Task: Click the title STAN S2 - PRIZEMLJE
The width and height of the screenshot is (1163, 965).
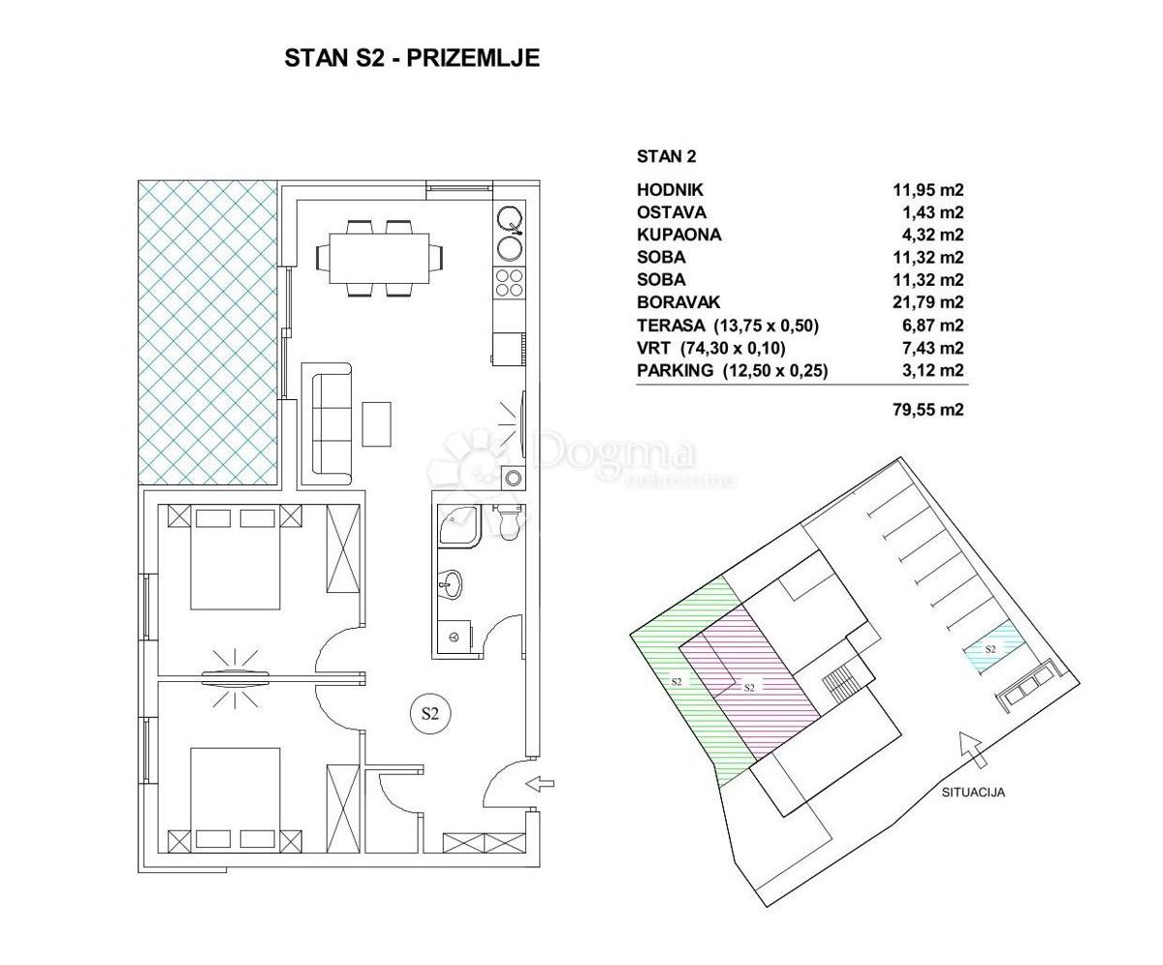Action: pos(412,58)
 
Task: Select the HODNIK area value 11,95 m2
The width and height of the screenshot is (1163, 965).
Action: pos(927,190)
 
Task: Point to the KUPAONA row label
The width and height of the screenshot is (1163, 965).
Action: pos(678,234)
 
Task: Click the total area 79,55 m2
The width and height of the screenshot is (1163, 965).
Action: pos(927,410)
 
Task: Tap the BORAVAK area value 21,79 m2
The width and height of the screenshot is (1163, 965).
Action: pos(927,302)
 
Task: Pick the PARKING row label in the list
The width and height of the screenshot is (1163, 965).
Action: pos(676,370)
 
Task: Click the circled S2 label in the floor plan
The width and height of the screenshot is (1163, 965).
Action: pos(430,714)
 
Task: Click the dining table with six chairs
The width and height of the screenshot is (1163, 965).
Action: pos(379,258)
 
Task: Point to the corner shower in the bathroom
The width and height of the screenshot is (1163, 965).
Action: pos(457,525)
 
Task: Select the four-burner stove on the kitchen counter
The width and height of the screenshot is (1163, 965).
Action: pos(510,282)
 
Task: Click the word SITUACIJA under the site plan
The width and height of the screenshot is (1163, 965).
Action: pos(973,793)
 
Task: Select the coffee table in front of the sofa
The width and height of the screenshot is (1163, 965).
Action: pos(376,423)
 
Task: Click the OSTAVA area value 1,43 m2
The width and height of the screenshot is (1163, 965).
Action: pos(927,212)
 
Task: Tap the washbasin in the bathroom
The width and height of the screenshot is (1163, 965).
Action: pos(452,583)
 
